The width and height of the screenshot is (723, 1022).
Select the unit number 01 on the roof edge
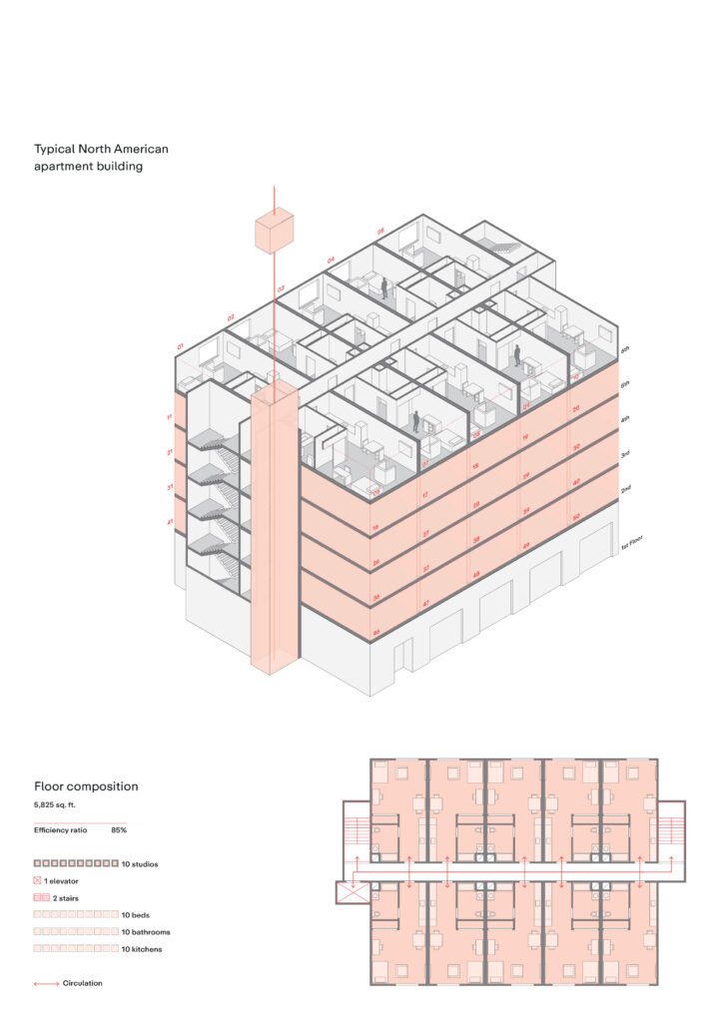[181, 346]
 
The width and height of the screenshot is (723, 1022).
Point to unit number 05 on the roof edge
[380, 232]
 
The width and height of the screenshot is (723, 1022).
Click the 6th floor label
[625, 349]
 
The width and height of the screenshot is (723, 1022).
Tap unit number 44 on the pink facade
[376, 632]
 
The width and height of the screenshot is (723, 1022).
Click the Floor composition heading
[86, 786]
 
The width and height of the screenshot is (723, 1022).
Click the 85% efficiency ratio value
[119, 830]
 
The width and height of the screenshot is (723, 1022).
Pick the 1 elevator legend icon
[38, 881]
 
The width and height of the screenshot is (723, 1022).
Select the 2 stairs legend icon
[42, 898]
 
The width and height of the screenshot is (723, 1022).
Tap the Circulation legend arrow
[46, 984]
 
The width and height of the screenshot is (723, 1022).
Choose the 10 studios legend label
[140, 863]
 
